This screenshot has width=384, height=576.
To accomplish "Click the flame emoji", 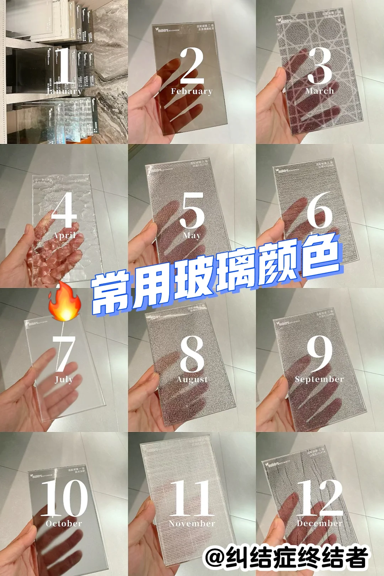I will [64, 302].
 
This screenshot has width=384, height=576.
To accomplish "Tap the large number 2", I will [192, 65].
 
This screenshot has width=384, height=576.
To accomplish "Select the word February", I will [192, 91].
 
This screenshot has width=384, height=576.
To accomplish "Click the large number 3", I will [320, 66].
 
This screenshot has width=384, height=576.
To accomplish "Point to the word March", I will [320, 91].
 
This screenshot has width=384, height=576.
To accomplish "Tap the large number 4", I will [64, 210].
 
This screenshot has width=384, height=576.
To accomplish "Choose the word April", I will [64, 235].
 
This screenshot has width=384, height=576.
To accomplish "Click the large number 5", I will [192, 210].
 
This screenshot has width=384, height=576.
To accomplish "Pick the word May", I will [192, 235].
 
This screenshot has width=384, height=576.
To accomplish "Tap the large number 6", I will [320, 210].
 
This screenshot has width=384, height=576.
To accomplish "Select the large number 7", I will [64, 354].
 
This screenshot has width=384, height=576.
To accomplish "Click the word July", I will [64, 379].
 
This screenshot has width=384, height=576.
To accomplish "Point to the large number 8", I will [192, 354].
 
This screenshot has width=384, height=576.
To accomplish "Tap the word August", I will [192, 379].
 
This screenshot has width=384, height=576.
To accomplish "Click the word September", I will [319, 379].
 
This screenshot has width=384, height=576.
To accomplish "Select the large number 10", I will [64, 498].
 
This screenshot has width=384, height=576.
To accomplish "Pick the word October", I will [64, 523].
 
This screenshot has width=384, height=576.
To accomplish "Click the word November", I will [192, 523].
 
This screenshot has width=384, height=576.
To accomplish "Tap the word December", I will [320, 523].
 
